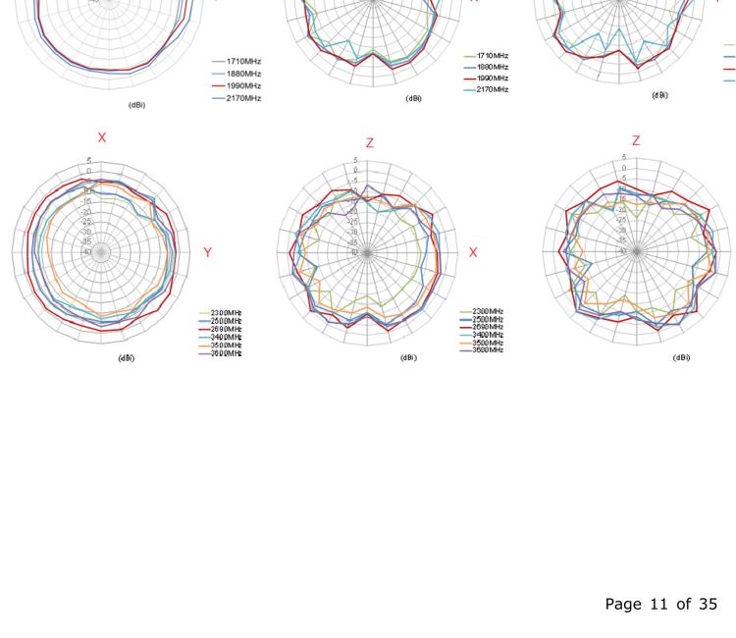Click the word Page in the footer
(623, 604)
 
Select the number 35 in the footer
(707, 604)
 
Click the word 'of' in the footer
(683, 604)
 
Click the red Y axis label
(207, 253)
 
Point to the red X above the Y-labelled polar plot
(102, 138)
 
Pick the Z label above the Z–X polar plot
(369, 143)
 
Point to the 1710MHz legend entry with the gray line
(243, 61)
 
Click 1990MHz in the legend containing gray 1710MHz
(243, 85)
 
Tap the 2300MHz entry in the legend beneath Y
(226, 313)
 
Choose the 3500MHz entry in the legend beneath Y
(226, 345)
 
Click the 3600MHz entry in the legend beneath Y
(226, 352)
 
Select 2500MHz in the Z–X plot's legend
(487, 319)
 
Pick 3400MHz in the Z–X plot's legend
(487, 335)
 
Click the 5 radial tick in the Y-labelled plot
(88, 160)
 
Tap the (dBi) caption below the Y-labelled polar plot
(126, 358)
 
